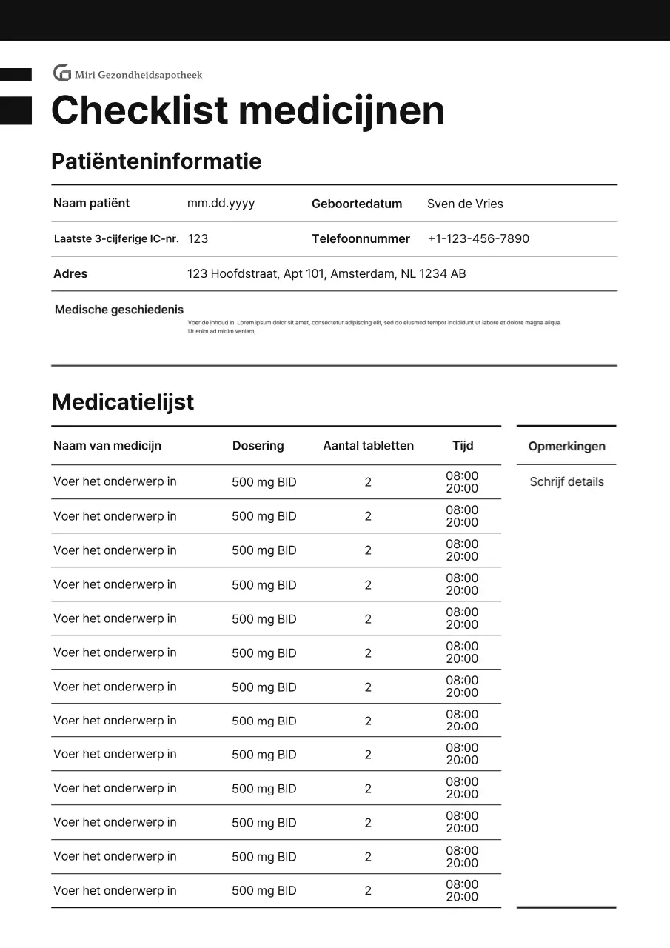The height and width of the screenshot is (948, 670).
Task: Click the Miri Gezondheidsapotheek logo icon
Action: coord(62,73)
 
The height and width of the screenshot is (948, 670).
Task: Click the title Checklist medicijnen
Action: coord(247,111)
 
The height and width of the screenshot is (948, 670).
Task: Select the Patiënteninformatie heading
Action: coord(155,161)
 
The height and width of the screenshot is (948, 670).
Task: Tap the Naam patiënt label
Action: coord(91,203)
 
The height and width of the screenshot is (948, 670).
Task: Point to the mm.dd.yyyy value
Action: coord(221,203)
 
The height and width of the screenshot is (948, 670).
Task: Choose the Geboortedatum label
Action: coord(356,204)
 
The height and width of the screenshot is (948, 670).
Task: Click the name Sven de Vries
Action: coord(464,204)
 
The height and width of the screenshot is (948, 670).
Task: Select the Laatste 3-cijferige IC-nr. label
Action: coord(116,238)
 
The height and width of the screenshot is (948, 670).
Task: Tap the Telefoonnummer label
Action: coord(361,238)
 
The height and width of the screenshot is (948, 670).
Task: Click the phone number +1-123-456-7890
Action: coord(478,238)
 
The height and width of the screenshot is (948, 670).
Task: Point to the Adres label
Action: coord(70,273)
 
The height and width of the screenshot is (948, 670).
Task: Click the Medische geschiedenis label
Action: coord(119,310)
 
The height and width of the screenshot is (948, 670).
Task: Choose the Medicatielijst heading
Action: coord(123,402)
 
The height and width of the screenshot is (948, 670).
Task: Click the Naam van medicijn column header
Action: coord(107,445)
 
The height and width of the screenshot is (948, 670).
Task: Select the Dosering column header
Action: coord(258,445)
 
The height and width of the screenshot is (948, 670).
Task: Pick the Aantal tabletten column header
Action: coord(368,445)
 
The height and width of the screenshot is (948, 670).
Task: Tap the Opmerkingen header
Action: coord(566,446)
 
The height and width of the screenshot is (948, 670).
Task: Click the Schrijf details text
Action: coord(566,481)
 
